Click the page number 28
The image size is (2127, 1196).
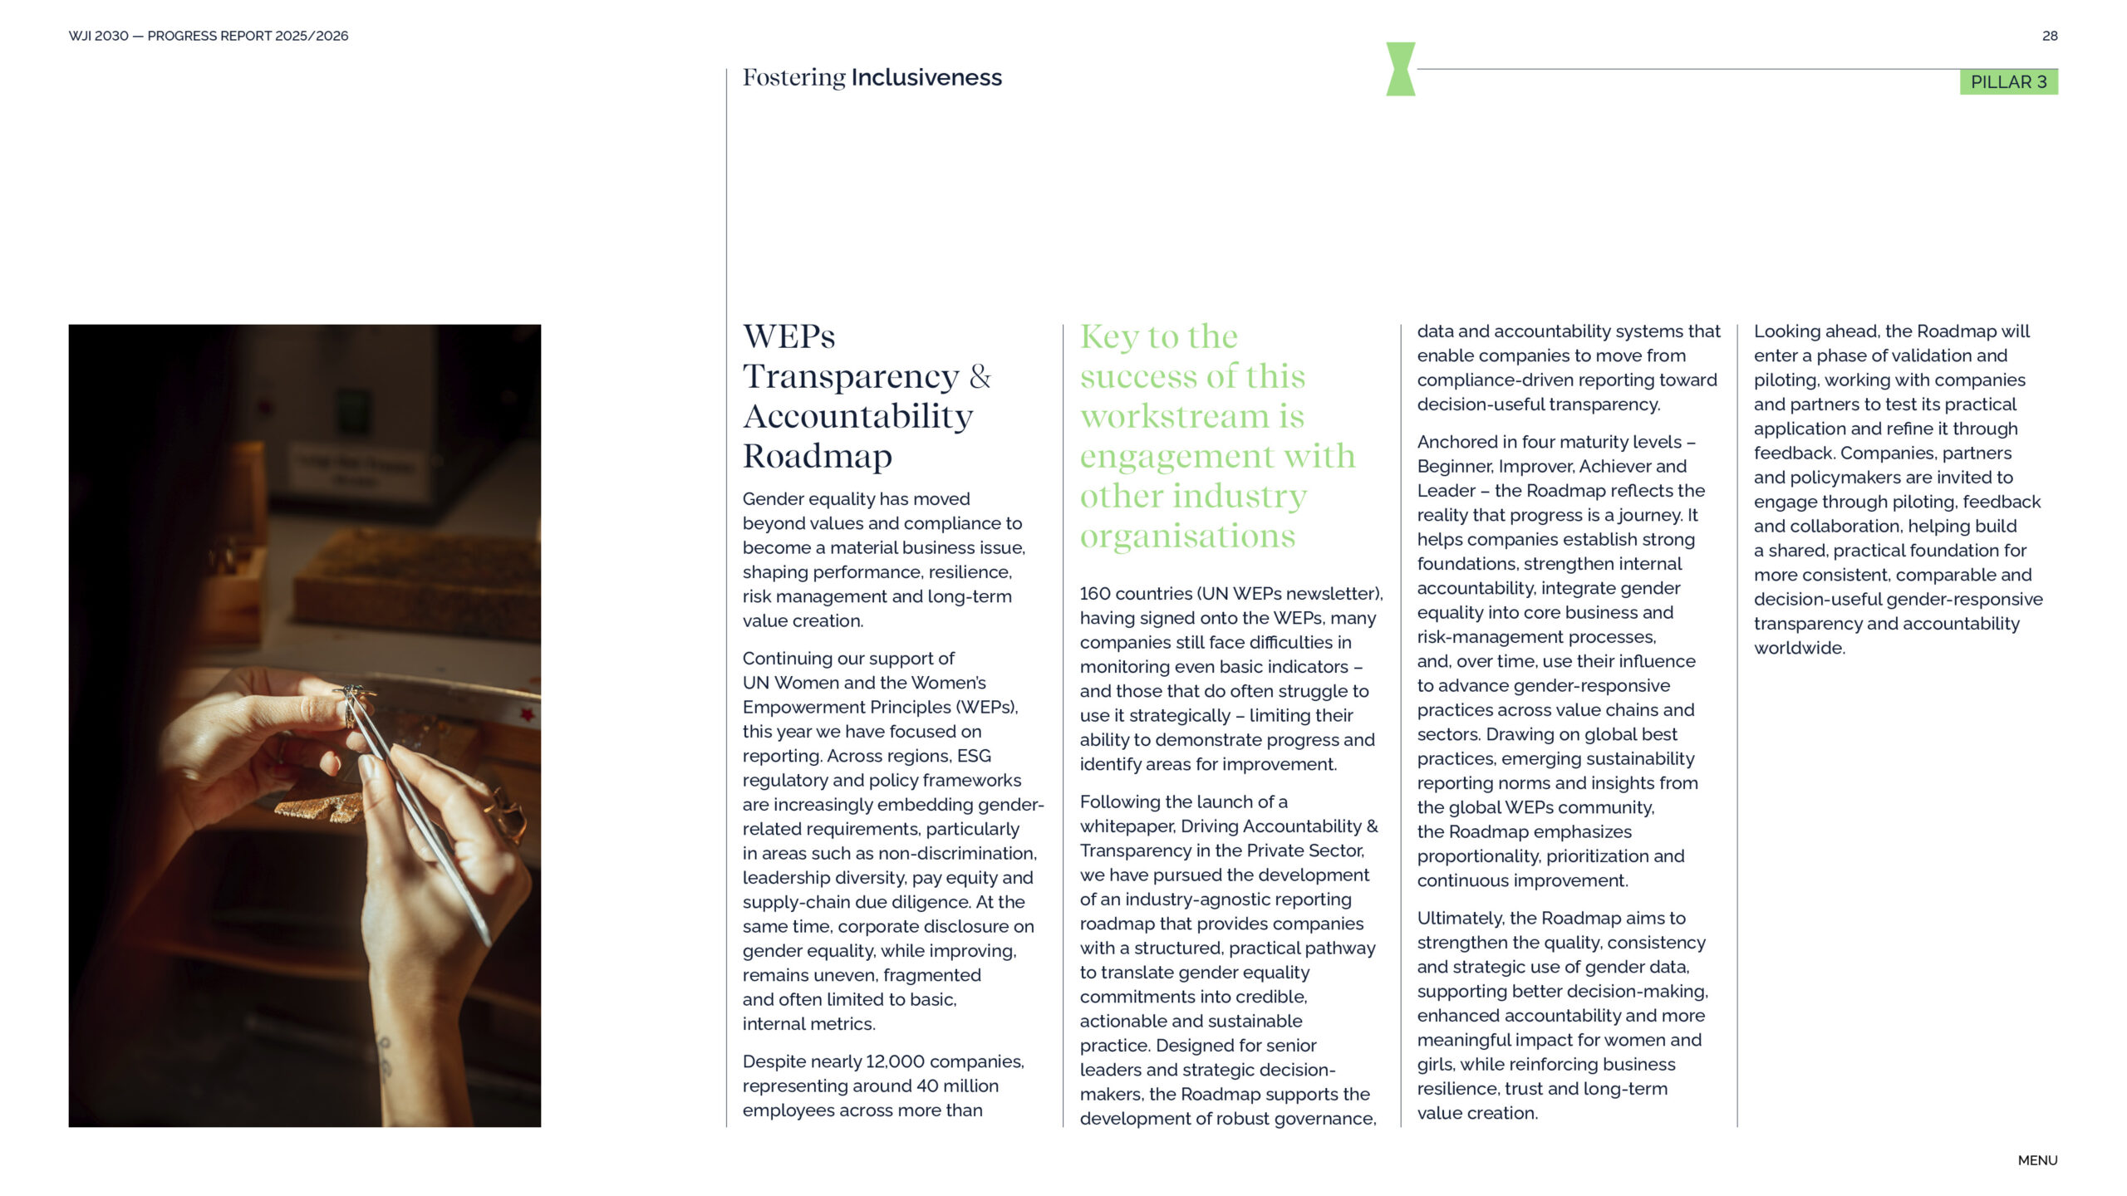2049,36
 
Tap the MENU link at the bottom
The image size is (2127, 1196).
2037,1160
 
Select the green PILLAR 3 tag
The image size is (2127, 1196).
2008,81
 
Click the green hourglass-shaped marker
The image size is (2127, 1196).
1400,69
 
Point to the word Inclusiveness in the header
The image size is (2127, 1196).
926,77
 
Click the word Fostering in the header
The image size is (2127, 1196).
793,77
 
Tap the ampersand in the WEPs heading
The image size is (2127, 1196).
980,376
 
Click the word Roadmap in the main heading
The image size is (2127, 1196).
818,456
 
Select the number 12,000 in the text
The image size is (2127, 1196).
895,1061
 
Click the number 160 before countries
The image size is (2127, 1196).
1094,594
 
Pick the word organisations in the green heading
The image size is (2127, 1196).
1187,536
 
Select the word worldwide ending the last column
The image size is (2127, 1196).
1799,649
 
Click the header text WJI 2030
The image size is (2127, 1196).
98,36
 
